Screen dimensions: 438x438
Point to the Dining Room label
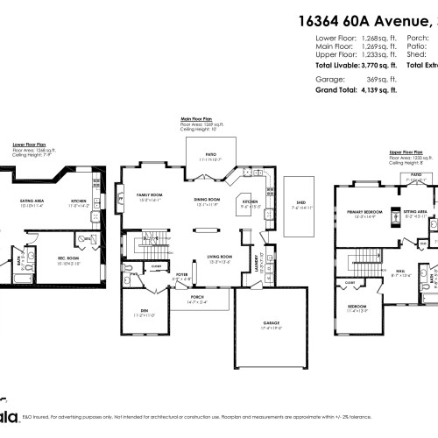pyautogui.click(x=207, y=199)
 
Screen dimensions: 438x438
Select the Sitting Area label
pyautogui.click(x=414, y=211)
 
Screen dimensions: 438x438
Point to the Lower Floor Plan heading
pyautogui.click(x=29, y=143)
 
